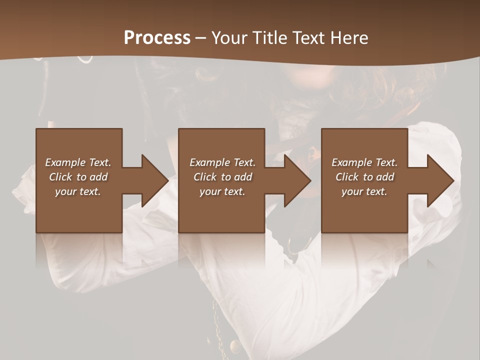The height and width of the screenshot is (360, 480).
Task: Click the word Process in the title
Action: click(157, 38)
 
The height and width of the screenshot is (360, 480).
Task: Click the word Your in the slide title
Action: click(228, 38)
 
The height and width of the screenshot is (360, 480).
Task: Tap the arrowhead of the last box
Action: click(439, 180)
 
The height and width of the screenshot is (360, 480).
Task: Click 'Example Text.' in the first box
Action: click(78, 162)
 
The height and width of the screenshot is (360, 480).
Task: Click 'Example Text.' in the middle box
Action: click(222, 162)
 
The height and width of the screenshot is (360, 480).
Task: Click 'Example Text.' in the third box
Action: click(364, 162)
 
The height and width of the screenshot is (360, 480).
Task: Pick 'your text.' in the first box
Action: click(78, 191)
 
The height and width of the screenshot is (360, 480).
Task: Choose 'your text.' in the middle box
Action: click(222, 191)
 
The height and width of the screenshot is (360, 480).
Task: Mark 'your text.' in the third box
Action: click(364, 191)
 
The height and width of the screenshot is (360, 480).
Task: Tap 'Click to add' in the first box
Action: click(78, 177)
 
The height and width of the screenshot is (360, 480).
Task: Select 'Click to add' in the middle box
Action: click(222, 177)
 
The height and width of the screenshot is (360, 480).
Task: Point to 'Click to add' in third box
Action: click(364, 177)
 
